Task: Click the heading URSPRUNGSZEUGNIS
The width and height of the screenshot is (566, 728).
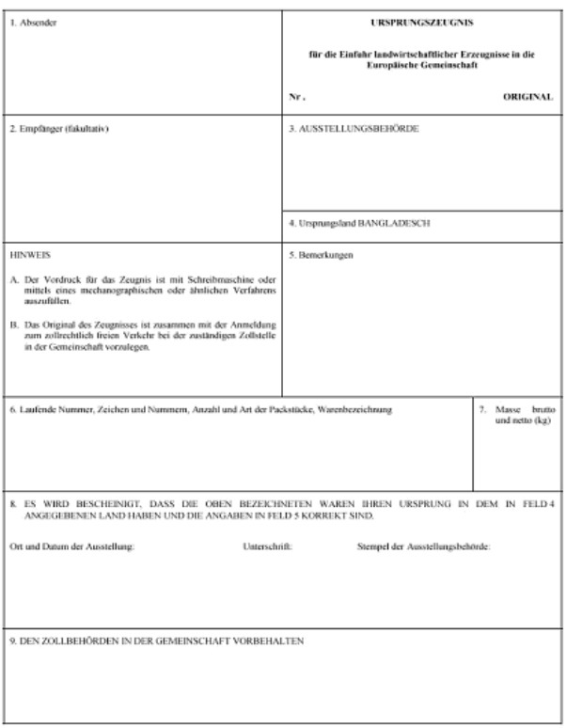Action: coord(420,21)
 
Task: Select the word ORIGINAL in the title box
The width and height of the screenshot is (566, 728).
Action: coord(527,97)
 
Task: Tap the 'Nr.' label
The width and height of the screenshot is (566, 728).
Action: coord(297,97)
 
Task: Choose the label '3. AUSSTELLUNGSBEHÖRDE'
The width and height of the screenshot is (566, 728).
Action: coord(354,128)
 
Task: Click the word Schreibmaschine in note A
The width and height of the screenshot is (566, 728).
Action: coord(211,280)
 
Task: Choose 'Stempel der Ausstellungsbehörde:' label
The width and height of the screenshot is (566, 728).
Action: coord(423,546)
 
